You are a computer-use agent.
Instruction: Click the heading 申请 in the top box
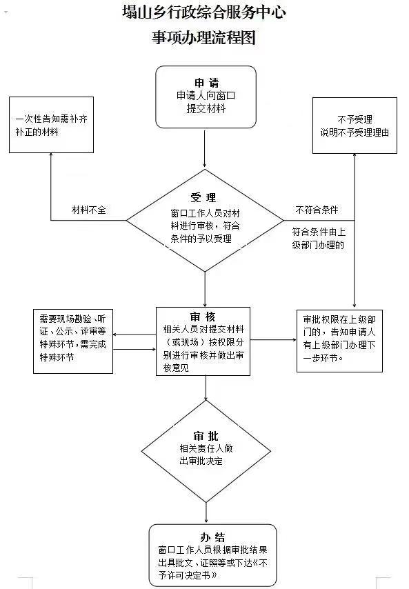point(206,83)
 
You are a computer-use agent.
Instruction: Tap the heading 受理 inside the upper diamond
point(203,197)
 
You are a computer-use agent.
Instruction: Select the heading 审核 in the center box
point(203,317)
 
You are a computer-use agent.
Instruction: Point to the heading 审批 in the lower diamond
point(206,436)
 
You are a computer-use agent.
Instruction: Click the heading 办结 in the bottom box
point(212,537)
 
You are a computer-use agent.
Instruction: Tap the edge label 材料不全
point(89,210)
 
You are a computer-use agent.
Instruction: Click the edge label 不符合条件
point(317,210)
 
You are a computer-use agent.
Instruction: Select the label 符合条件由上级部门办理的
point(319,239)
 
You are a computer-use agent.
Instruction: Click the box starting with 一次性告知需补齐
point(51,125)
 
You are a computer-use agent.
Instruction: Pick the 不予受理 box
point(355,126)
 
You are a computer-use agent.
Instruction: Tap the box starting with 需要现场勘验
point(73,341)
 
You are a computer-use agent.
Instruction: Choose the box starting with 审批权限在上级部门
point(339,341)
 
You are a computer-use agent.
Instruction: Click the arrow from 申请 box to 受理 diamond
point(205,148)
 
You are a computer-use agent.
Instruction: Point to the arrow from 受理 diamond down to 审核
point(205,289)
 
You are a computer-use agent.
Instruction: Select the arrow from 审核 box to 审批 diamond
point(206,388)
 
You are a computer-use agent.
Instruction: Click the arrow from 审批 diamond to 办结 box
point(206,512)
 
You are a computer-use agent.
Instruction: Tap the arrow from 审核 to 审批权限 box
point(273,340)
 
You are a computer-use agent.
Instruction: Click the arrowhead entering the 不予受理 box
point(355,156)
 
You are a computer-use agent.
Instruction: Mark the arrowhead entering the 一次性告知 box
point(51,155)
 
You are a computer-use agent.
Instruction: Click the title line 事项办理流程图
point(204,37)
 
